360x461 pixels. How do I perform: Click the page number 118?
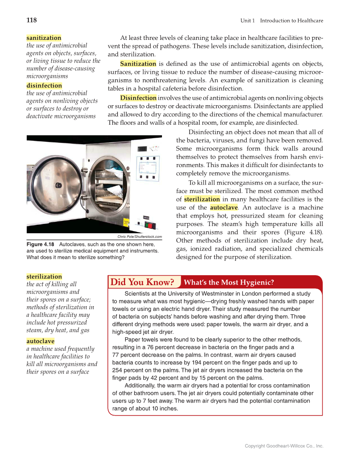pyautogui.click(x=31, y=20)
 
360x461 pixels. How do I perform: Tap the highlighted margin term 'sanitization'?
pyautogui.click(x=44, y=38)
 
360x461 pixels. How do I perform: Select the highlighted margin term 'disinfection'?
pyautogui.click(x=44, y=86)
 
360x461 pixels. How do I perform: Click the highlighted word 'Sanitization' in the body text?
pyautogui.click(x=138, y=64)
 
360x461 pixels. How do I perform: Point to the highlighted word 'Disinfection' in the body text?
pyautogui.click(x=138, y=98)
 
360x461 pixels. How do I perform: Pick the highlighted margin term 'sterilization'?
pyautogui.click(x=44, y=277)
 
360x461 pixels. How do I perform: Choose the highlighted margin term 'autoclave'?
pyautogui.click(x=40, y=341)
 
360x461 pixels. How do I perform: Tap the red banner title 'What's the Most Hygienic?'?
pyautogui.click(x=229, y=282)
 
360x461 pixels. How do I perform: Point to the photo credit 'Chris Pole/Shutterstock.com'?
pyautogui.click(x=140, y=237)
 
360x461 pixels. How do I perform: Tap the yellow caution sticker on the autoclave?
pyautogui.click(x=126, y=224)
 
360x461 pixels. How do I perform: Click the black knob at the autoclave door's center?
pyautogui.click(x=58, y=185)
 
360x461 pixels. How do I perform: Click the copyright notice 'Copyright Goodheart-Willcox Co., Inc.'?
pyautogui.click(x=284, y=446)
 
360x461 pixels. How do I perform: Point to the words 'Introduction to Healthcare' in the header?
pyautogui.click(x=292, y=21)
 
